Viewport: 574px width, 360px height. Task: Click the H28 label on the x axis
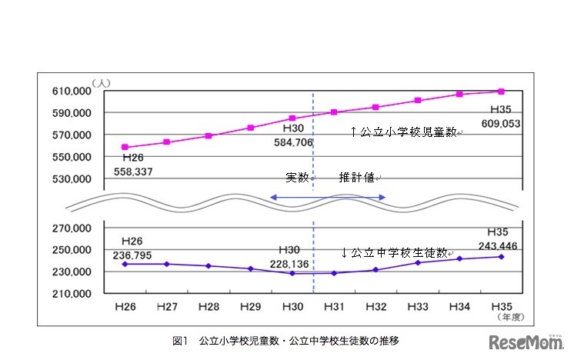(x=209, y=306)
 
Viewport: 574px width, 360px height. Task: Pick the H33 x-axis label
(x=418, y=306)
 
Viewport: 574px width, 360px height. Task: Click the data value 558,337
(x=133, y=172)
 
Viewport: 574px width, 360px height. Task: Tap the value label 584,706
(x=293, y=142)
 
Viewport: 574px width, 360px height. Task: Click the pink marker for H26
(x=125, y=147)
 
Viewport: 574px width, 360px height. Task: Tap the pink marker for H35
(x=501, y=92)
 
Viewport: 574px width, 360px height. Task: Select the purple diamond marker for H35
(x=501, y=256)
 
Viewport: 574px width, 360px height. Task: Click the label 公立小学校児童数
(x=405, y=132)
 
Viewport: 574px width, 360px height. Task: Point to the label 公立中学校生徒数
(x=395, y=252)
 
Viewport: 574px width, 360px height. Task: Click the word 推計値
(x=357, y=178)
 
